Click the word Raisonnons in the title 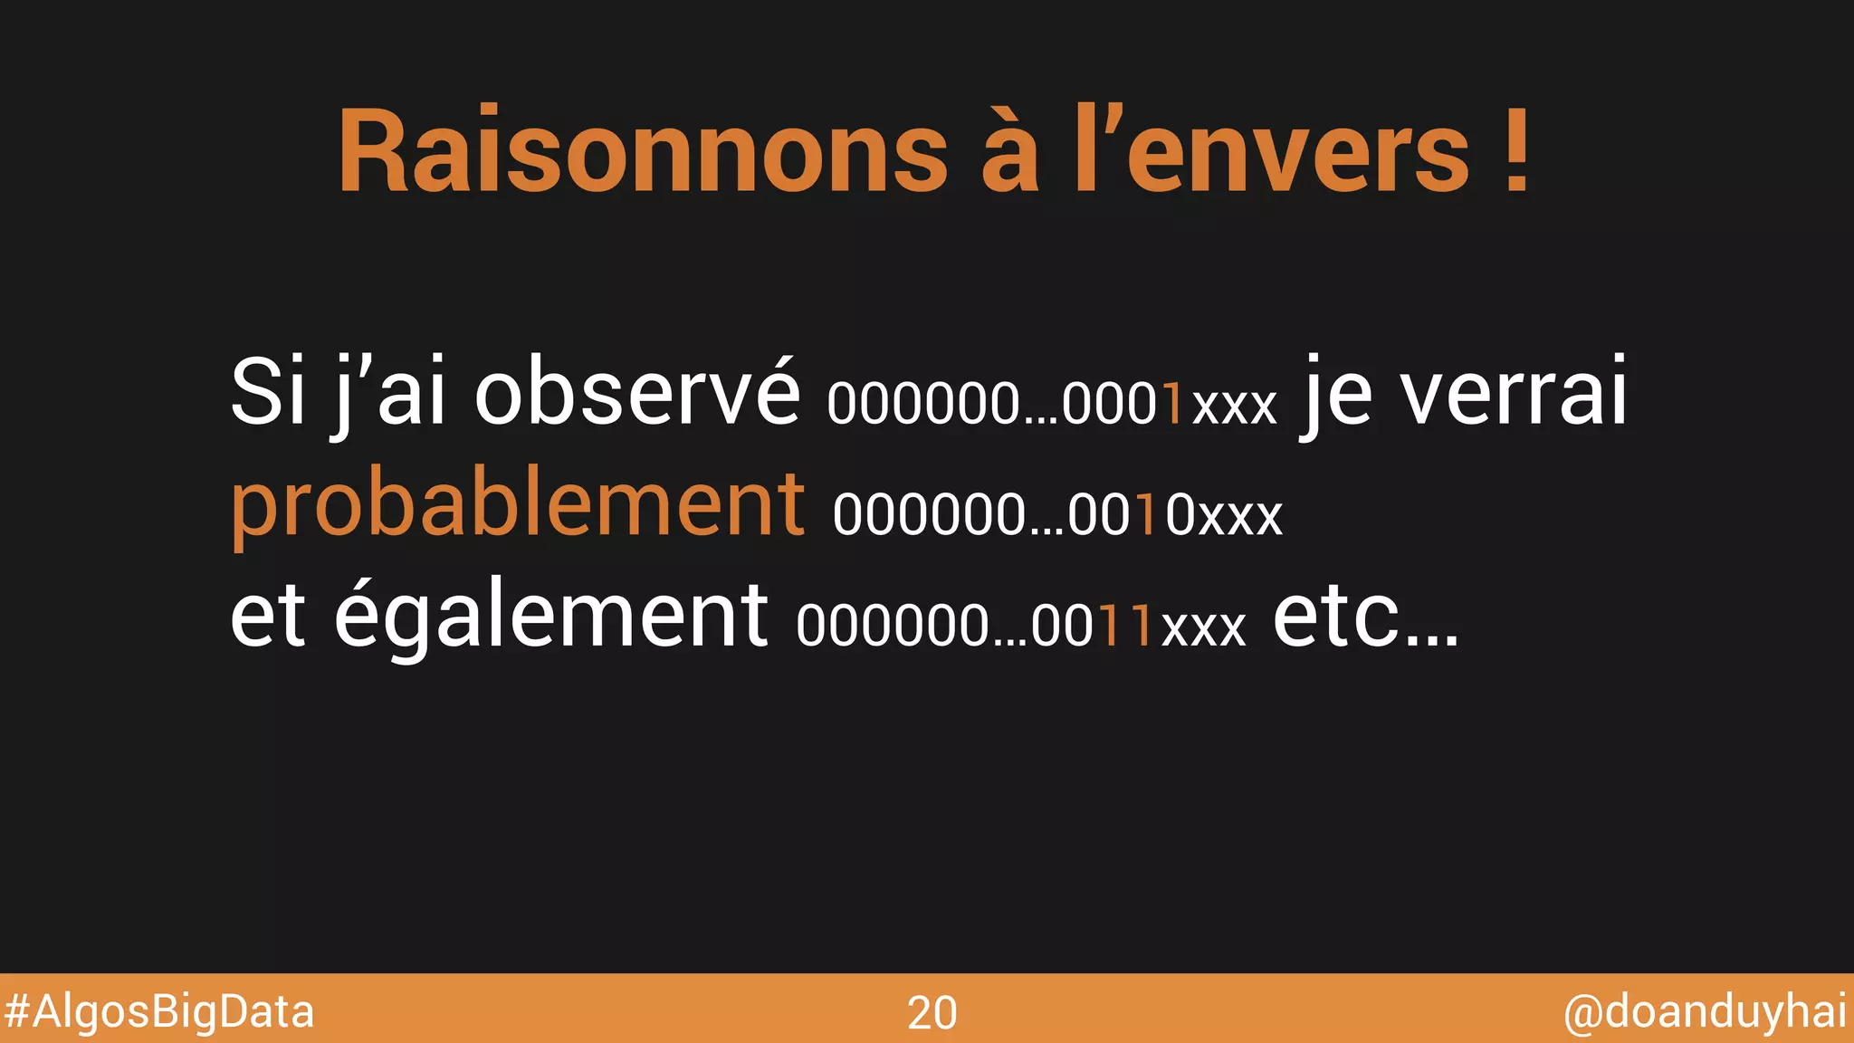tap(644, 152)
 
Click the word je tap(1338, 395)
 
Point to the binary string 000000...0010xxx tap(1057, 515)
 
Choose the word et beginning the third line tap(268, 616)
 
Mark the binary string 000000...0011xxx tap(1021, 626)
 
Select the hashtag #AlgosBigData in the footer tap(159, 1011)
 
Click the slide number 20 tap(932, 1012)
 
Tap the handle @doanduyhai tap(1705, 1011)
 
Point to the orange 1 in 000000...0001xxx tap(1173, 404)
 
